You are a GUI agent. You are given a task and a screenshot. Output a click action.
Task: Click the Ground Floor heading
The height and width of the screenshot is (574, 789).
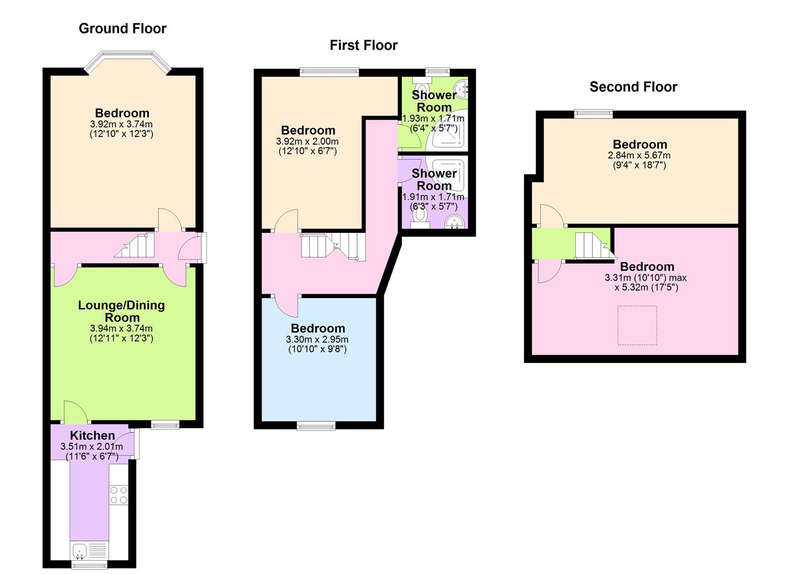122,29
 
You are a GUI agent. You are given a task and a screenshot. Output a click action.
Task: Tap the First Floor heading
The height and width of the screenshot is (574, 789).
363,46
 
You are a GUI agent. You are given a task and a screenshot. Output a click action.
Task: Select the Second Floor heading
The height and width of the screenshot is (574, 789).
633,87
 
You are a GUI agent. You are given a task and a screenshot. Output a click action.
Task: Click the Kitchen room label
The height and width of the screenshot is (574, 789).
92,435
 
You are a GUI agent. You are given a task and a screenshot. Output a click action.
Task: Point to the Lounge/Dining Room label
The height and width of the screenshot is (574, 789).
121,311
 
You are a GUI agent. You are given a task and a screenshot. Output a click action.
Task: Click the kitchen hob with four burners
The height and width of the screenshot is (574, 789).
118,495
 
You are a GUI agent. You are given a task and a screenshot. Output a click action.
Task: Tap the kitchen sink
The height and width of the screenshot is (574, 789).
80,551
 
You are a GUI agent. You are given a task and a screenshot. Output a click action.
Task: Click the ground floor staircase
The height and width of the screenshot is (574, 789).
135,246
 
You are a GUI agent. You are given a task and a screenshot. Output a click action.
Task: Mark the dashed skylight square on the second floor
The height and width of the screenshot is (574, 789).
637,325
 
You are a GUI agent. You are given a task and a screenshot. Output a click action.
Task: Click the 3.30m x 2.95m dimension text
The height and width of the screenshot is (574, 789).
317,340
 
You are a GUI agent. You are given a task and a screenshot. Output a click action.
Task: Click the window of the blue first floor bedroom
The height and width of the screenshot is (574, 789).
316,425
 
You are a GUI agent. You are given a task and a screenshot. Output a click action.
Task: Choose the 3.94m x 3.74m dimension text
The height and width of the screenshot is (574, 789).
121,328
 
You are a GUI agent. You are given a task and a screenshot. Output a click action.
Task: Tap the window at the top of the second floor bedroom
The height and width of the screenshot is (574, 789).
593,113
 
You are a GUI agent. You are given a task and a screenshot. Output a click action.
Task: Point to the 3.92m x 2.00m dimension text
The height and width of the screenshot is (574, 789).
307,142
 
